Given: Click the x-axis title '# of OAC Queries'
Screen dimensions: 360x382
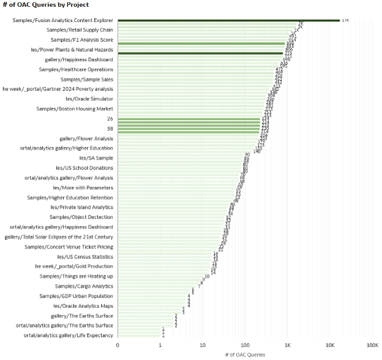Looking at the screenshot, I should point(245,354).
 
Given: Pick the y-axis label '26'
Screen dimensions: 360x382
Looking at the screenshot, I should point(110,119).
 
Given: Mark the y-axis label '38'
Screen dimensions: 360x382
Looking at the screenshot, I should point(110,129).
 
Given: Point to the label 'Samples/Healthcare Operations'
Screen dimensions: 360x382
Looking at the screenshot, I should point(76,69).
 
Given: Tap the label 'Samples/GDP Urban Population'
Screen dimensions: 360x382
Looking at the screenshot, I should point(76,296).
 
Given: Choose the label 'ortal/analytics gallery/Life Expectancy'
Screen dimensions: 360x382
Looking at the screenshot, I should point(68,335).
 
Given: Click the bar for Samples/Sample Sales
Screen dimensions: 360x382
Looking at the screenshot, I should point(196,79).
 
